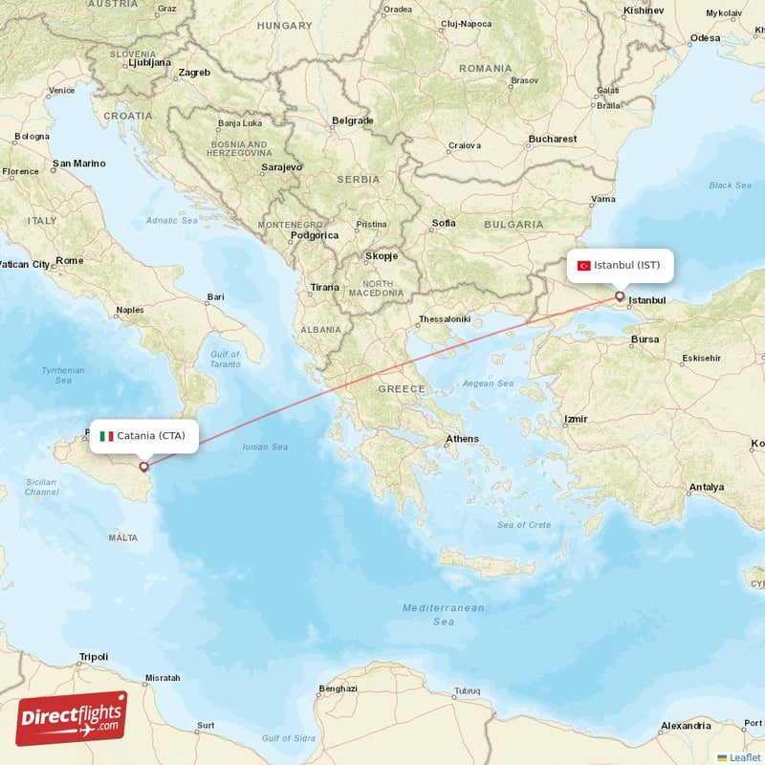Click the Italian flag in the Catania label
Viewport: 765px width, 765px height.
(106, 436)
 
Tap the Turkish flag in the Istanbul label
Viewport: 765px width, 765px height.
(583, 266)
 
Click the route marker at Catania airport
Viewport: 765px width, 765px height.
(144, 467)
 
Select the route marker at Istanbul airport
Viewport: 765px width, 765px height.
(620, 296)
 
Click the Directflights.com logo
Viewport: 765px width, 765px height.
(71, 718)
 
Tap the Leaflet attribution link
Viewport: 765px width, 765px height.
(744, 756)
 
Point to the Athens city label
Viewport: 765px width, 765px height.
(462, 440)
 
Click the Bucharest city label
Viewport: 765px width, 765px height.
(552, 139)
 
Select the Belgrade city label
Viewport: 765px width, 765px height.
(352, 120)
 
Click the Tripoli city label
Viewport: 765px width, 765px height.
(94, 657)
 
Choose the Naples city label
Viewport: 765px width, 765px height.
(129, 310)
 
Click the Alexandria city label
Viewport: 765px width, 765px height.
(686, 726)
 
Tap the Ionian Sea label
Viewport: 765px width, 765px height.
(265, 447)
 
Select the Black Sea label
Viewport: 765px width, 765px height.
(730, 186)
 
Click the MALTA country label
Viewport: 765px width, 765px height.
(122, 538)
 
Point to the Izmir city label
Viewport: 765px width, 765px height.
(576, 419)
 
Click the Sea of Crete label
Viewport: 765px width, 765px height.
(524, 524)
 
